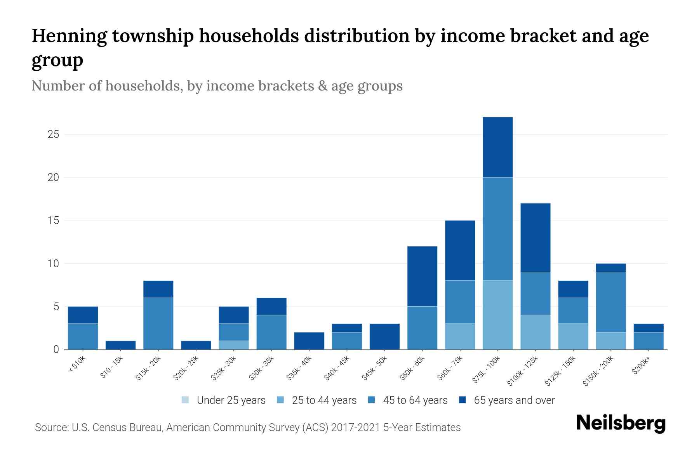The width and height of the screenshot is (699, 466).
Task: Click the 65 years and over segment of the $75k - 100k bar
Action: click(497, 147)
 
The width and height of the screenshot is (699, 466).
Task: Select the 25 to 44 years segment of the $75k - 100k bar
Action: click(497, 315)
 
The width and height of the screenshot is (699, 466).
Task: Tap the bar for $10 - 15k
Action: click(120, 345)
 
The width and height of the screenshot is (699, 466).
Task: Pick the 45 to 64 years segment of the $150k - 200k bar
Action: click(611, 302)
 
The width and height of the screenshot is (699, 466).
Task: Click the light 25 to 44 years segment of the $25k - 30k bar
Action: click(234, 345)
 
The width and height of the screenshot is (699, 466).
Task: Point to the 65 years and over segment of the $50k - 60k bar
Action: click(422, 276)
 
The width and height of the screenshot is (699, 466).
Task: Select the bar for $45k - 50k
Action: click(384, 337)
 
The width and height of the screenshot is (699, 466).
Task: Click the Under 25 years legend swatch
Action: click(186, 400)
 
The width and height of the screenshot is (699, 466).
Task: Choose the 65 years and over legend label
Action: click(514, 400)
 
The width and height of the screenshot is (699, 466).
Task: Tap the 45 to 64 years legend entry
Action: click(415, 400)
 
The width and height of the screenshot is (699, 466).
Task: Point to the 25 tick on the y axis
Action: click(53, 135)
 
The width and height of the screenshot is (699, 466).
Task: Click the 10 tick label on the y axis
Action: click(53, 264)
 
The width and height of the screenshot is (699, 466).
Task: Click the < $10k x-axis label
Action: click(77, 365)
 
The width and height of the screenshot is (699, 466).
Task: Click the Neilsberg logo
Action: click(620, 423)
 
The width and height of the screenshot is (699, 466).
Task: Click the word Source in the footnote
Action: click(51, 428)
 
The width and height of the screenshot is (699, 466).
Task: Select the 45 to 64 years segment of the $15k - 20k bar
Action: click(158, 323)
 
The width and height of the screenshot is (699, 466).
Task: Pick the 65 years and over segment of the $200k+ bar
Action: click(649, 328)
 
